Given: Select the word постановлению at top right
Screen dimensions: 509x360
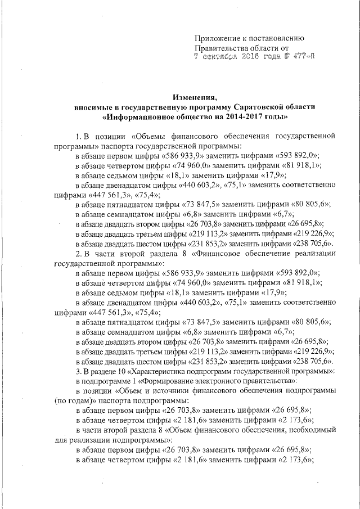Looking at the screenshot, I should (x=275, y=38).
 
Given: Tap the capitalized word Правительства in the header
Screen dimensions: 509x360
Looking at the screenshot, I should (x=220, y=48).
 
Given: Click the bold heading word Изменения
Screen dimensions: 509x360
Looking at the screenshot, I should (x=194, y=96).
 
